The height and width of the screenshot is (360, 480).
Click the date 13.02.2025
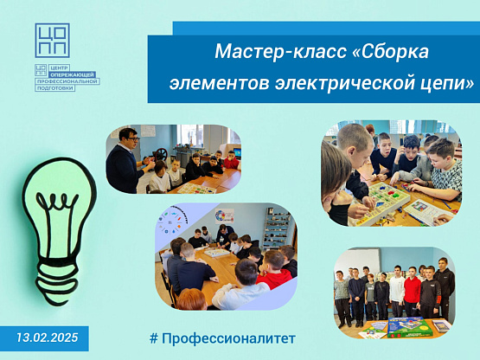click(x=48, y=337)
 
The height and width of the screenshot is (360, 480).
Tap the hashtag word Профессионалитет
click(x=228, y=338)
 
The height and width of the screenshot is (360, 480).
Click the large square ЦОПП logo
click(x=52, y=41)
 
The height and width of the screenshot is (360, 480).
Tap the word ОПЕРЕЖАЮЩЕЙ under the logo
click(x=73, y=74)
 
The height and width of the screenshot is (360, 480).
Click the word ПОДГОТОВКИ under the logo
click(x=55, y=88)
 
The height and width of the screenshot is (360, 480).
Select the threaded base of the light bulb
click(x=57, y=281)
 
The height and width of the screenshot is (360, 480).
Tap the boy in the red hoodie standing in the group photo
click(x=413, y=292)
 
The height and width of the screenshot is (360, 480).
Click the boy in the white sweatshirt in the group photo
click(x=397, y=291)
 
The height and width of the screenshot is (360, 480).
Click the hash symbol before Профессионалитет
click(x=154, y=338)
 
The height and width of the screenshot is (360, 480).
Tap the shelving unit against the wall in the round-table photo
click(x=277, y=226)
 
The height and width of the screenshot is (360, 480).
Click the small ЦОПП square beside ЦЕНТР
click(x=41, y=70)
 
